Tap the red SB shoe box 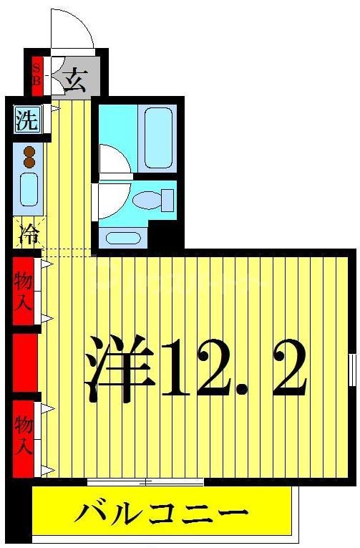[38, 74]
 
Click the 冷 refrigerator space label [26, 233]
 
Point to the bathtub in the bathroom [160, 138]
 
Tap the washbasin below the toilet [122, 237]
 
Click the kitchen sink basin [29, 189]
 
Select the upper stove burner [29, 151]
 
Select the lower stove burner [29, 163]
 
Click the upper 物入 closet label [23, 290]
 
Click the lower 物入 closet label [23, 435]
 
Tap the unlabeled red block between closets [23, 362]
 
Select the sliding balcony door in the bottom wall [146, 481]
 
